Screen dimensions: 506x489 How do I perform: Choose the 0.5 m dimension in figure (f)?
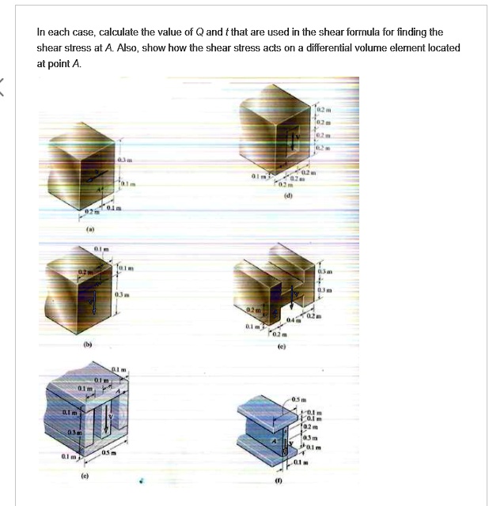click(x=301, y=397)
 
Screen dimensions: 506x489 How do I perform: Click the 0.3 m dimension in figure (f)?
click(x=310, y=436)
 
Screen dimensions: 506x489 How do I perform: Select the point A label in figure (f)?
click(x=274, y=440)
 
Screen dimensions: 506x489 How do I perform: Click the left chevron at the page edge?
click(x=4, y=93)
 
